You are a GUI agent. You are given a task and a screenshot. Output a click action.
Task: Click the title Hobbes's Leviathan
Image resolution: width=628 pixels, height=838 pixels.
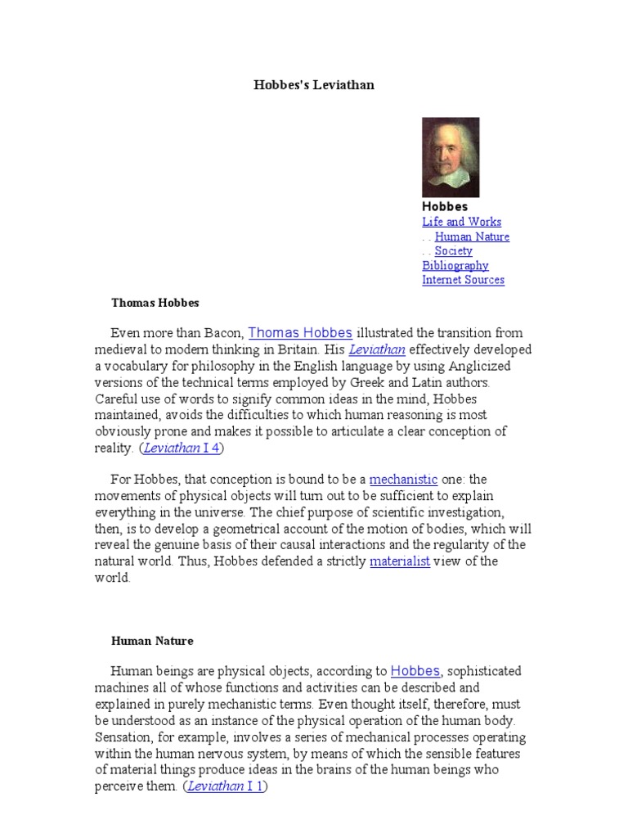(x=314, y=85)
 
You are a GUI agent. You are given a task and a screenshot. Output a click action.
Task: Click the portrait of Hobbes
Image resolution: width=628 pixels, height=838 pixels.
(x=451, y=157)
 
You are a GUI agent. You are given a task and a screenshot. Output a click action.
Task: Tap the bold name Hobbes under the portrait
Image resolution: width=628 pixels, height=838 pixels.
(x=445, y=207)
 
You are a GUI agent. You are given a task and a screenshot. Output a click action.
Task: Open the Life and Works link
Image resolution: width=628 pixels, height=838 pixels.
(x=461, y=222)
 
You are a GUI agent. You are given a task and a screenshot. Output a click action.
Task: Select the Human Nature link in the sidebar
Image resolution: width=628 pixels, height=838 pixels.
(x=472, y=237)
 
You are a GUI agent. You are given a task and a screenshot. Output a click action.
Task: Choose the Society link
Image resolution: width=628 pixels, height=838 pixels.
(x=453, y=251)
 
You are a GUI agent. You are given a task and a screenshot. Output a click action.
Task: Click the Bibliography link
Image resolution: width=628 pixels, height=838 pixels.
(x=455, y=265)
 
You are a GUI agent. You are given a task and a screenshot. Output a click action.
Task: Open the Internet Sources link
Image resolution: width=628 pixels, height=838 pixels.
(x=463, y=280)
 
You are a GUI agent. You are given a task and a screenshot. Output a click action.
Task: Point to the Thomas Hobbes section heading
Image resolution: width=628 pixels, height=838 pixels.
(x=155, y=303)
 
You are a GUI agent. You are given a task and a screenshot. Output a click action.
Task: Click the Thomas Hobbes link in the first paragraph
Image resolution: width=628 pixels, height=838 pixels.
(x=300, y=333)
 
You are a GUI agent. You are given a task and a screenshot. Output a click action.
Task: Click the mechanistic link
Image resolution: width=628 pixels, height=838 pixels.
(x=404, y=479)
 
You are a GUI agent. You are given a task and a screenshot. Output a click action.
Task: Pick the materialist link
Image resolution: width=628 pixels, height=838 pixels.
(x=400, y=561)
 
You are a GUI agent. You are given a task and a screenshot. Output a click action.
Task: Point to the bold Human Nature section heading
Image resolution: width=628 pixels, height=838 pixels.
(x=152, y=641)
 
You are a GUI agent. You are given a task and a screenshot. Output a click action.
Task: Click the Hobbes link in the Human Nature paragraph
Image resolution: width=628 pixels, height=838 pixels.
(x=415, y=671)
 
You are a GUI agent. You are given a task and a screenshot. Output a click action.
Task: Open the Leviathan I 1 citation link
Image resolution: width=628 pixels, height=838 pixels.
(x=227, y=786)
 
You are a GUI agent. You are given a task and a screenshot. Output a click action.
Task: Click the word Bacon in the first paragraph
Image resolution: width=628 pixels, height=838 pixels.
(x=222, y=334)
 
